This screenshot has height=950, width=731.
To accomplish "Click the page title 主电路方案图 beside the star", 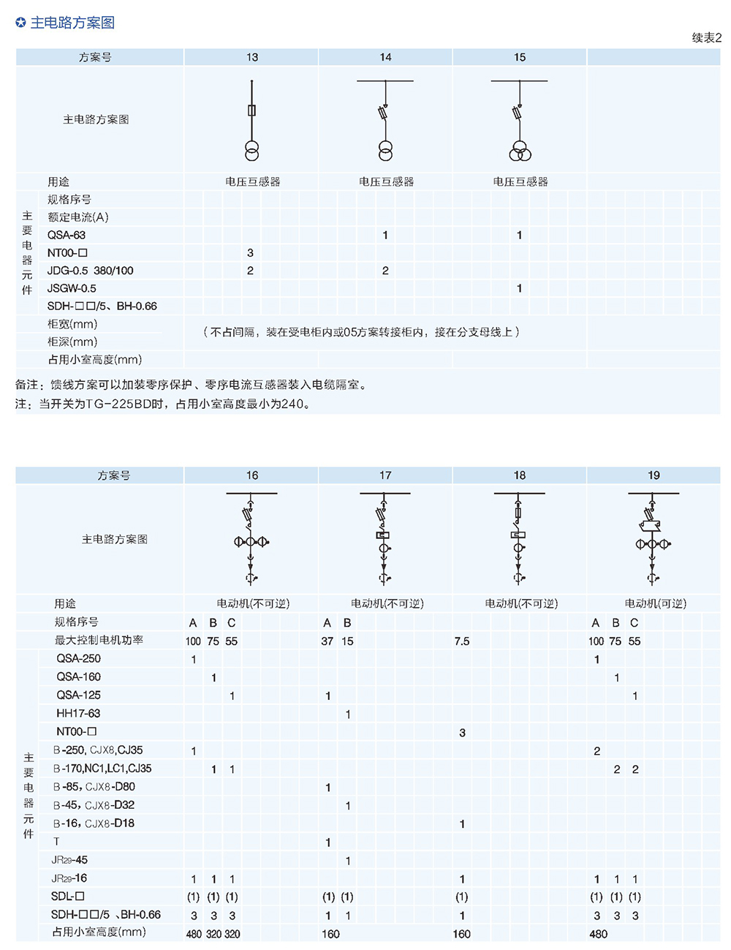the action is (72, 23).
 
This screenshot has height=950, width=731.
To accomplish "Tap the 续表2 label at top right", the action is (707, 38).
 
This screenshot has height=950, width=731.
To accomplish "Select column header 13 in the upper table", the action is (252, 57).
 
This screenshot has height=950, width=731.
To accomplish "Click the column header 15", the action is (520, 57).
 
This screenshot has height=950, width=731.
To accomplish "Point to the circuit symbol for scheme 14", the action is (385, 120).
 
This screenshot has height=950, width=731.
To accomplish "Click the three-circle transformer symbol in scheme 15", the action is (520, 151).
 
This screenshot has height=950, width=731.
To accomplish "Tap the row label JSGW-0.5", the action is (72, 289).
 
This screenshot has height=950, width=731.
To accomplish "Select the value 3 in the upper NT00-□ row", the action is (250, 253).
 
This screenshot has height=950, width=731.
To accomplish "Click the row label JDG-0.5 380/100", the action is (90, 271).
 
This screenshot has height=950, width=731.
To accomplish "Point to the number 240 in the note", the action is (292, 404).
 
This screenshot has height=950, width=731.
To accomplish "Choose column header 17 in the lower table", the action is (385, 475).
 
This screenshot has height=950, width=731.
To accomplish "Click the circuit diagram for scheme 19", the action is (654, 538).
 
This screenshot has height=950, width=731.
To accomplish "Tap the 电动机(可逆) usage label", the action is (656, 604).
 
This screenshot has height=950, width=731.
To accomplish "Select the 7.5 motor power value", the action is (462, 641).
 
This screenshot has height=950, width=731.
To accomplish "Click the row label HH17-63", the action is (78, 714).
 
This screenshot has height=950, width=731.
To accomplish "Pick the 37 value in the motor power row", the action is (327, 641).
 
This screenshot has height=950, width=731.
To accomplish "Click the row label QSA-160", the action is (79, 676).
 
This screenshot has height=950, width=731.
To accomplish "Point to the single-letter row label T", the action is (56, 842).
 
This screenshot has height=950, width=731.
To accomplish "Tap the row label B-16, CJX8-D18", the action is (94, 823).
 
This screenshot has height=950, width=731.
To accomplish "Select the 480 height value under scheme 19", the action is (598, 934).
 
